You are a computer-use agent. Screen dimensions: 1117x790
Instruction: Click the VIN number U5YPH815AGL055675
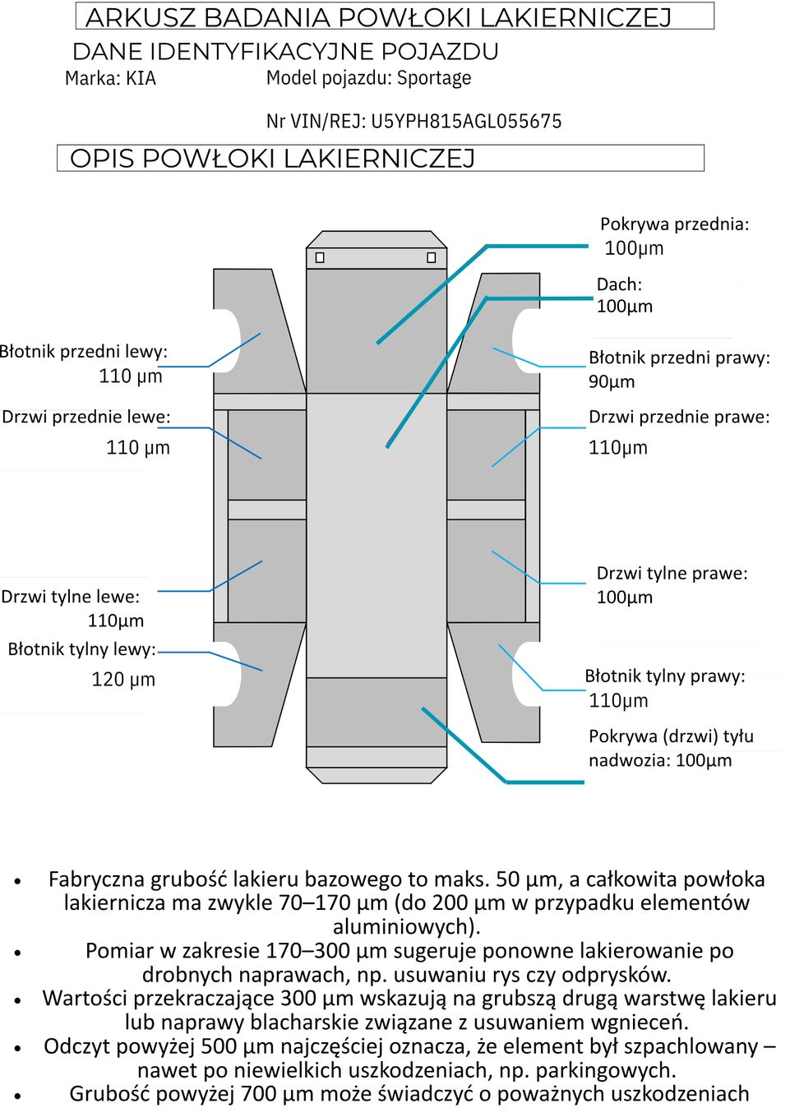pos(466,122)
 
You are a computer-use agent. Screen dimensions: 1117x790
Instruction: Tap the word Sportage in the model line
pos(434,78)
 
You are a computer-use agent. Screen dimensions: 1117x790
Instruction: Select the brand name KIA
pos(141,79)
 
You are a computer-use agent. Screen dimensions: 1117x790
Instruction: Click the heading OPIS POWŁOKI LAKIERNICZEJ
pos(272,158)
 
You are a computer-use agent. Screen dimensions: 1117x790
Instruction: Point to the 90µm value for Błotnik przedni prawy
pos(612,381)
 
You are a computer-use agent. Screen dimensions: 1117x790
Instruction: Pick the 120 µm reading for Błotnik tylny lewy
pos(123,680)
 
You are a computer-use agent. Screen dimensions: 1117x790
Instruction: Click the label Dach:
pos(619,284)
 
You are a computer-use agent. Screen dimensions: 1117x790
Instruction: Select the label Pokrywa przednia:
pos(674,224)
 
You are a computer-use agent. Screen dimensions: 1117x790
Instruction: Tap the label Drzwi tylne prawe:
pos(672,573)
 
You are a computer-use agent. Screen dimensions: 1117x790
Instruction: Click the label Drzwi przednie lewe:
pos(86,417)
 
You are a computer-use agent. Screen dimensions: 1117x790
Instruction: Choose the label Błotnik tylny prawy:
pos(665,676)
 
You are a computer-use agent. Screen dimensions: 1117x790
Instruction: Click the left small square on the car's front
pos(320,258)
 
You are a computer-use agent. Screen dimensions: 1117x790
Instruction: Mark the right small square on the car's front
pos(431,258)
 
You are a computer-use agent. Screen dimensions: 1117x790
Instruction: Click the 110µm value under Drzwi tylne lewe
pos(116,621)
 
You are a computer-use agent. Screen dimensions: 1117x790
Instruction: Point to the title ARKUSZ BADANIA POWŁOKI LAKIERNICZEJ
pos(378,17)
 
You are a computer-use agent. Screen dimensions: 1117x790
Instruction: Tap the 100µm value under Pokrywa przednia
pos(634,248)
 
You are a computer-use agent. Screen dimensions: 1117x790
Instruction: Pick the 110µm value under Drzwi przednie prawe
pos(618,448)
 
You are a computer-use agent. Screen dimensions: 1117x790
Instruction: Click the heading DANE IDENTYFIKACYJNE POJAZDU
pos(285,52)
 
